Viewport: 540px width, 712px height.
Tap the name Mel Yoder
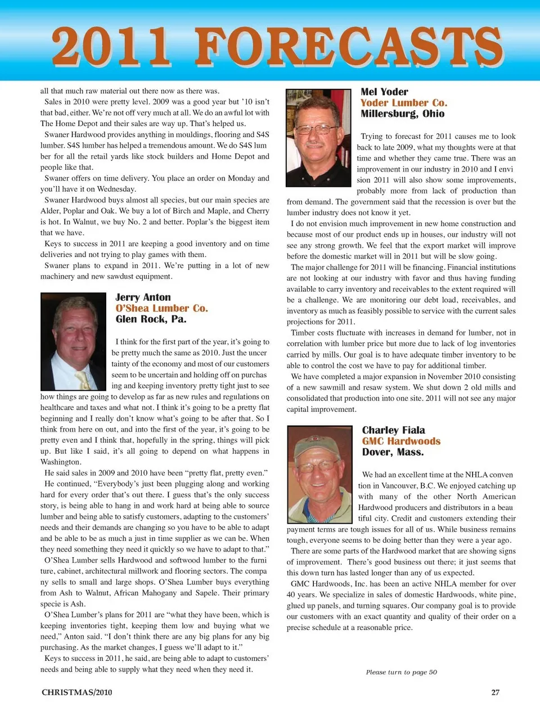[384, 92]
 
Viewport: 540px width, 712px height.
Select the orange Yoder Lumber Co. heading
[403, 103]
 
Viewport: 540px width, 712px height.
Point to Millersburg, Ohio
[402, 114]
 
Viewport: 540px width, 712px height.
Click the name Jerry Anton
[143, 298]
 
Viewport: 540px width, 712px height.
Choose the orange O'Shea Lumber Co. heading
[161, 308]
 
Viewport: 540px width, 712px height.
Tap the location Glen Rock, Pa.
[151, 319]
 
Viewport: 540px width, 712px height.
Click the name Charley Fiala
[393, 430]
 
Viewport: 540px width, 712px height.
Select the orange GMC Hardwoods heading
[401, 441]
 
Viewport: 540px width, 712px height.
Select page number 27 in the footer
[495, 692]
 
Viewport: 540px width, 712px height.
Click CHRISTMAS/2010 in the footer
[76, 692]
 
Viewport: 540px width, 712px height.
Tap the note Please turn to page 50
[401, 672]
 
